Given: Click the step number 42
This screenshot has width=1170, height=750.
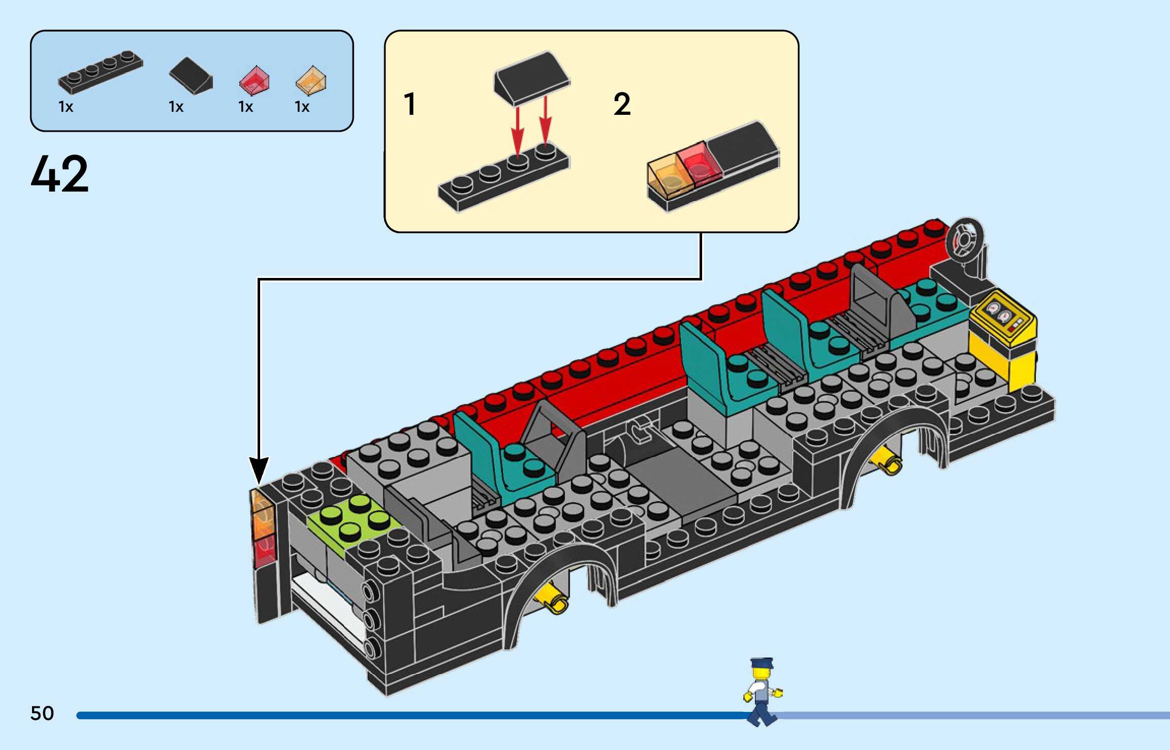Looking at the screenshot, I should [59, 174].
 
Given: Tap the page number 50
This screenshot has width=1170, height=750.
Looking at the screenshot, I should [42, 713].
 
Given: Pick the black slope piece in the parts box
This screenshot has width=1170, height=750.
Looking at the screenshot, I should [191, 75].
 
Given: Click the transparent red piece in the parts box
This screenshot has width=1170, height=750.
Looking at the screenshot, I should [254, 80].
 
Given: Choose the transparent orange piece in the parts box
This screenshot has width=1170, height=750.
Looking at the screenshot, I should [311, 80].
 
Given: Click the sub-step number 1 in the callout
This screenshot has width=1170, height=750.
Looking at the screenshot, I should [409, 104].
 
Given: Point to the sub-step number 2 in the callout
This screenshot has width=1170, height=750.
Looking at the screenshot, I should [622, 104].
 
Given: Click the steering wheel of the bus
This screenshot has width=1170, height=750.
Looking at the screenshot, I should [964, 238].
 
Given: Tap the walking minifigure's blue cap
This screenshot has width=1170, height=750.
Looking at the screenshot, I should [762, 663].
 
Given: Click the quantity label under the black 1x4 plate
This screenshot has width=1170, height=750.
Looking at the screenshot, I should [66, 107].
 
